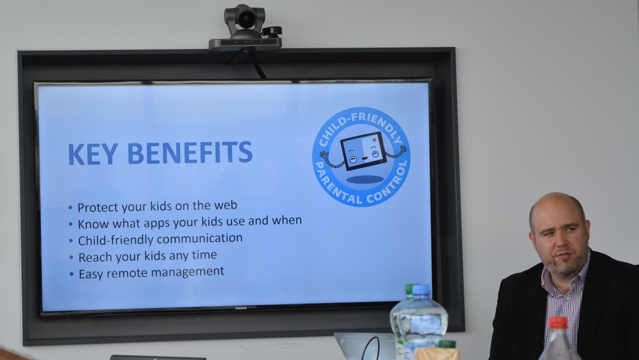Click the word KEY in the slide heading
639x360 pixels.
tap(93, 154)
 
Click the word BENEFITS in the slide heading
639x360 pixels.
tap(190, 153)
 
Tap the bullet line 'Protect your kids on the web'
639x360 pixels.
tap(157, 206)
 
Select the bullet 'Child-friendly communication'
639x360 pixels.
tap(160, 239)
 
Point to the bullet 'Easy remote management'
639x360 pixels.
tap(151, 272)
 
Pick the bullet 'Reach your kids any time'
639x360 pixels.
tap(148, 256)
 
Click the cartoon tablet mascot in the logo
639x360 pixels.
tap(363, 152)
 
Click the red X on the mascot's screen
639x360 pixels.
tap(374, 140)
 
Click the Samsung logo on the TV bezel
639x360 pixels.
tap(241, 308)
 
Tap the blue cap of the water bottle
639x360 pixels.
tap(421, 290)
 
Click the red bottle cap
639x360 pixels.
tap(558, 323)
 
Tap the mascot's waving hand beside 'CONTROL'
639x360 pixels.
tap(403, 149)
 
